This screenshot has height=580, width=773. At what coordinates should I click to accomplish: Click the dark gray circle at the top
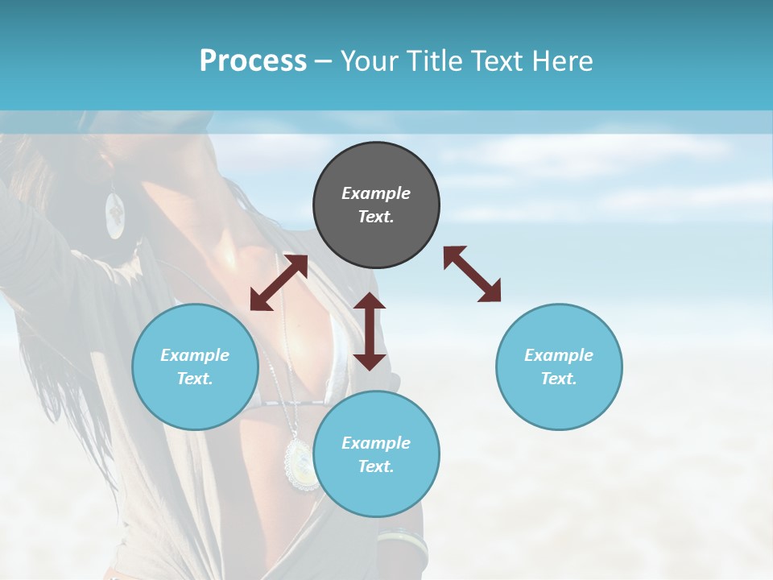[376, 205]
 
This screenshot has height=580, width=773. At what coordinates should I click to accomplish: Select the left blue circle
[195, 367]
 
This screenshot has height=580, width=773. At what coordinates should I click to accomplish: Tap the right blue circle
[559, 367]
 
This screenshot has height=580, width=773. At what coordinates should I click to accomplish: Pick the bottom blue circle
[376, 454]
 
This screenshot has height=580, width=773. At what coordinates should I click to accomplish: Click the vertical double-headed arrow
[370, 331]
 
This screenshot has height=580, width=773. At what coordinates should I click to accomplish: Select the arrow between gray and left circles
[279, 283]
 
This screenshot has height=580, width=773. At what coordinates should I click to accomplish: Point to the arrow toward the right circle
[472, 274]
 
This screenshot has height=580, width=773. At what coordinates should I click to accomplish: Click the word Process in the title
[253, 61]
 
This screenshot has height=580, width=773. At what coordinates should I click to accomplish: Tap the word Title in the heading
[435, 61]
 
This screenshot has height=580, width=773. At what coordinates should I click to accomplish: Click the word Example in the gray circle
[376, 193]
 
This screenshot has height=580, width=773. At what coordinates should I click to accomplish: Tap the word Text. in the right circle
[559, 379]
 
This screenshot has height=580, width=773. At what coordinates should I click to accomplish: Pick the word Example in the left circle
[195, 354]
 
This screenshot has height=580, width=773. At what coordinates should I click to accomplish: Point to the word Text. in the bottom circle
[376, 466]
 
